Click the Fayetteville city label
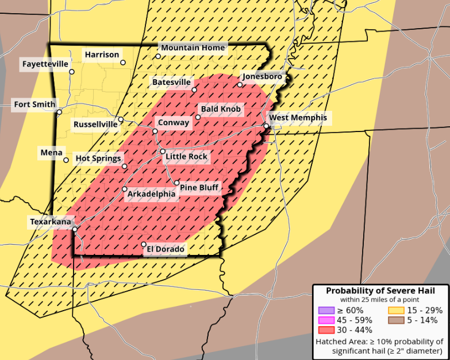click(45, 64)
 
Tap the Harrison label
click(102, 55)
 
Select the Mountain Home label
click(193, 48)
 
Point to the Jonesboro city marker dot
click(240, 85)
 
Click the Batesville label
click(171, 83)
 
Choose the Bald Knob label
click(221, 109)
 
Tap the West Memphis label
click(298, 118)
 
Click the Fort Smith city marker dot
click(59, 112)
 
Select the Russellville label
click(95, 125)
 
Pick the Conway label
click(173, 123)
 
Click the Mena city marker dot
click(66, 160)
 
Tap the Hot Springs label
click(98, 158)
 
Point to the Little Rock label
click(186, 156)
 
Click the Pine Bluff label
click(199, 187)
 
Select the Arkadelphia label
click(151, 194)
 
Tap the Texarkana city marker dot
click(75, 229)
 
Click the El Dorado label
click(166, 249)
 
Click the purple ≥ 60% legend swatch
click(322, 311)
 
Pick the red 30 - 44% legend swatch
click(322, 330)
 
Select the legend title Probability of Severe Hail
click(380, 291)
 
